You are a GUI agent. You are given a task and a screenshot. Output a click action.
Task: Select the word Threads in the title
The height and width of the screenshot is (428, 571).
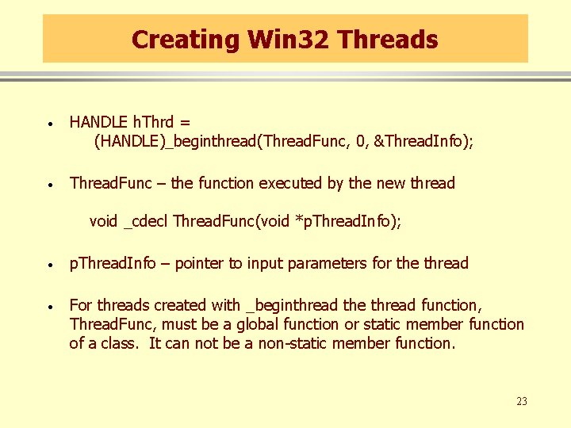tap(386, 39)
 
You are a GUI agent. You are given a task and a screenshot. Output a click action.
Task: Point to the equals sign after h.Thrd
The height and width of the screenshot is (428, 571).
tap(185, 122)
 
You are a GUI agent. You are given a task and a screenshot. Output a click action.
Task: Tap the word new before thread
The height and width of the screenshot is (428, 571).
tap(390, 183)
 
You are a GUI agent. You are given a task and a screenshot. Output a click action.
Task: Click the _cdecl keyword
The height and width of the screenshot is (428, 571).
tap(147, 221)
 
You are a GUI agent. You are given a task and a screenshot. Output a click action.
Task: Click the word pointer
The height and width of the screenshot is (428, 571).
tap(200, 263)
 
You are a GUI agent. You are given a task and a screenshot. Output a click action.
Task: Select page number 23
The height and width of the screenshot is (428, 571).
tap(521, 401)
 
